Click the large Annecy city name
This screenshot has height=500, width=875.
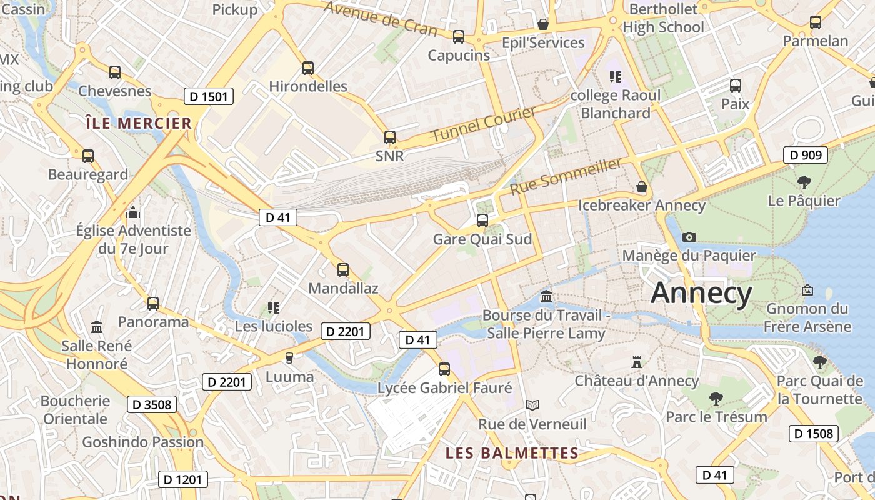(701, 292)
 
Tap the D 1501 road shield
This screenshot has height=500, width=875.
(209, 96)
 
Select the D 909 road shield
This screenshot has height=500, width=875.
(806, 155)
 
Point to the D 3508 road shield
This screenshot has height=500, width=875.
(151, 404)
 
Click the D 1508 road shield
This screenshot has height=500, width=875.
(813, 433)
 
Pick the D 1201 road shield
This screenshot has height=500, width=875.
(182, 479)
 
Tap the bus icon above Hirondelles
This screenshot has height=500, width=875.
(307, 68)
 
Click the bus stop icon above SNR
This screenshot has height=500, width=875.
(390, 137)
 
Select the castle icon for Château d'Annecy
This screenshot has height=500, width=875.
(637, 362)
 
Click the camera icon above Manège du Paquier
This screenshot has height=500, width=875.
(689, 237)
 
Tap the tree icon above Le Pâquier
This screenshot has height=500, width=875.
(804, 182)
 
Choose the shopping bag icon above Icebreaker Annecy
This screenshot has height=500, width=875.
(641, 187)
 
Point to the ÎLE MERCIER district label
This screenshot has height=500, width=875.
(139, 123)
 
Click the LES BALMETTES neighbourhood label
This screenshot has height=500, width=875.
(512, 453)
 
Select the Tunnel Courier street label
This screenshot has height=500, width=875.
(484, 124)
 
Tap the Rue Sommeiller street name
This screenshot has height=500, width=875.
(566, 176)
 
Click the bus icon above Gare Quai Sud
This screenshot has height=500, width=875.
(482, 220)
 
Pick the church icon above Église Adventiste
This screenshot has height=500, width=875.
(132, 212)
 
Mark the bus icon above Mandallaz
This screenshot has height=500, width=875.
(342, 270)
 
